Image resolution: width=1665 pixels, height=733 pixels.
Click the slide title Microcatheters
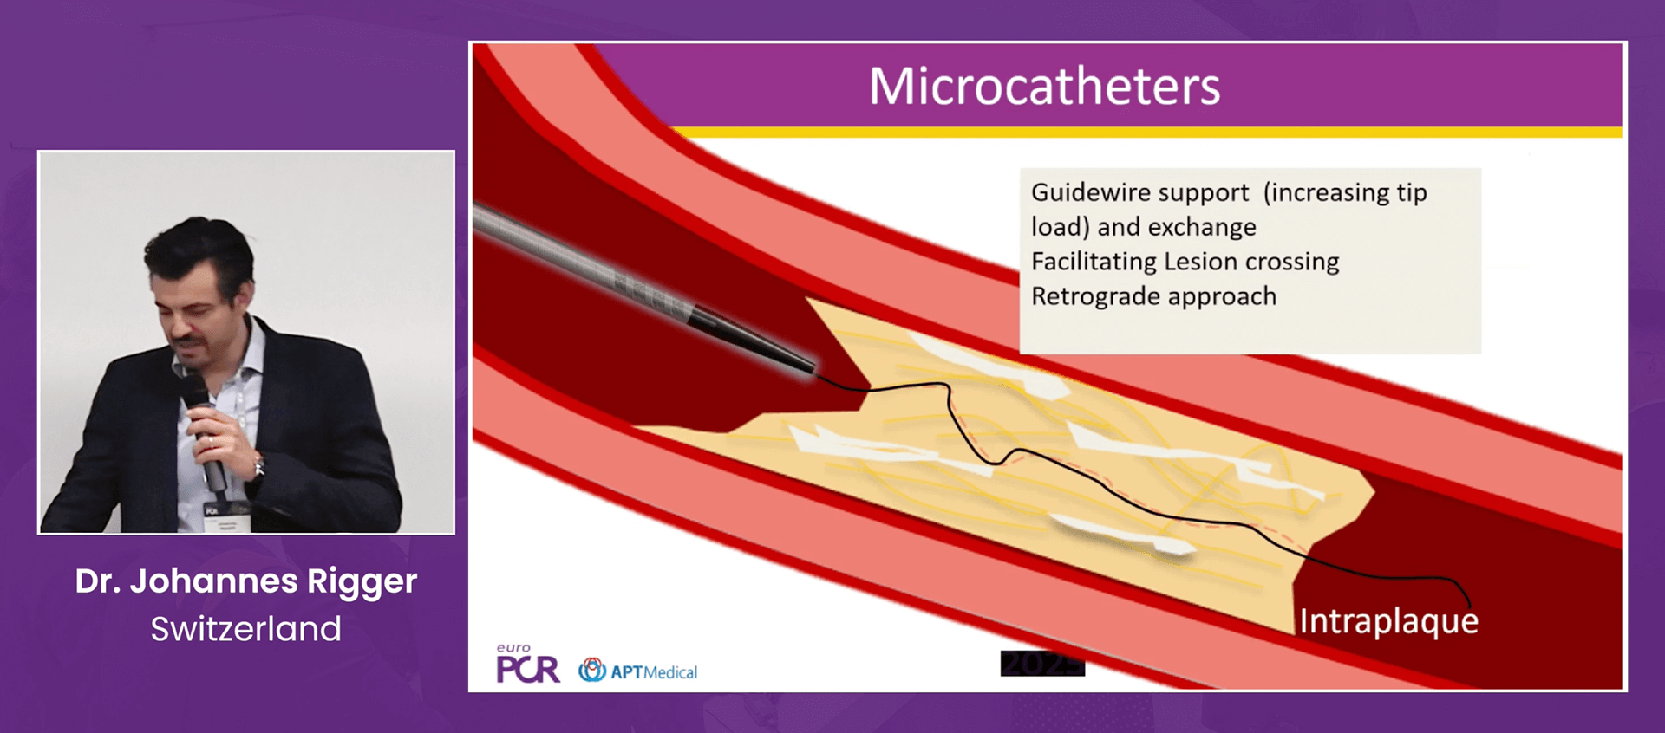coord(1045,86)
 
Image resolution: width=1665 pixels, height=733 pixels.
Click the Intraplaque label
coord(1388,621)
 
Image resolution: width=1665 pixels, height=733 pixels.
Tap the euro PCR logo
coord(527,664)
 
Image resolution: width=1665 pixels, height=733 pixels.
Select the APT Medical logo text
coord(654,671)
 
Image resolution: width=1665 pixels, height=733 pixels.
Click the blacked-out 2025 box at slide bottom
coord(1042,663)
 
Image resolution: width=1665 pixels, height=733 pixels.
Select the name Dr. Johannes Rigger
coord(246,581)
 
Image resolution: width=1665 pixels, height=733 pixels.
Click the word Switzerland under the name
coord(246,628)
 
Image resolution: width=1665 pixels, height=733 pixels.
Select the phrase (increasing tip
coord(1345,192)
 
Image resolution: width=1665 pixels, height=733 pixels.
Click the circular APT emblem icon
coord(592,670)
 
